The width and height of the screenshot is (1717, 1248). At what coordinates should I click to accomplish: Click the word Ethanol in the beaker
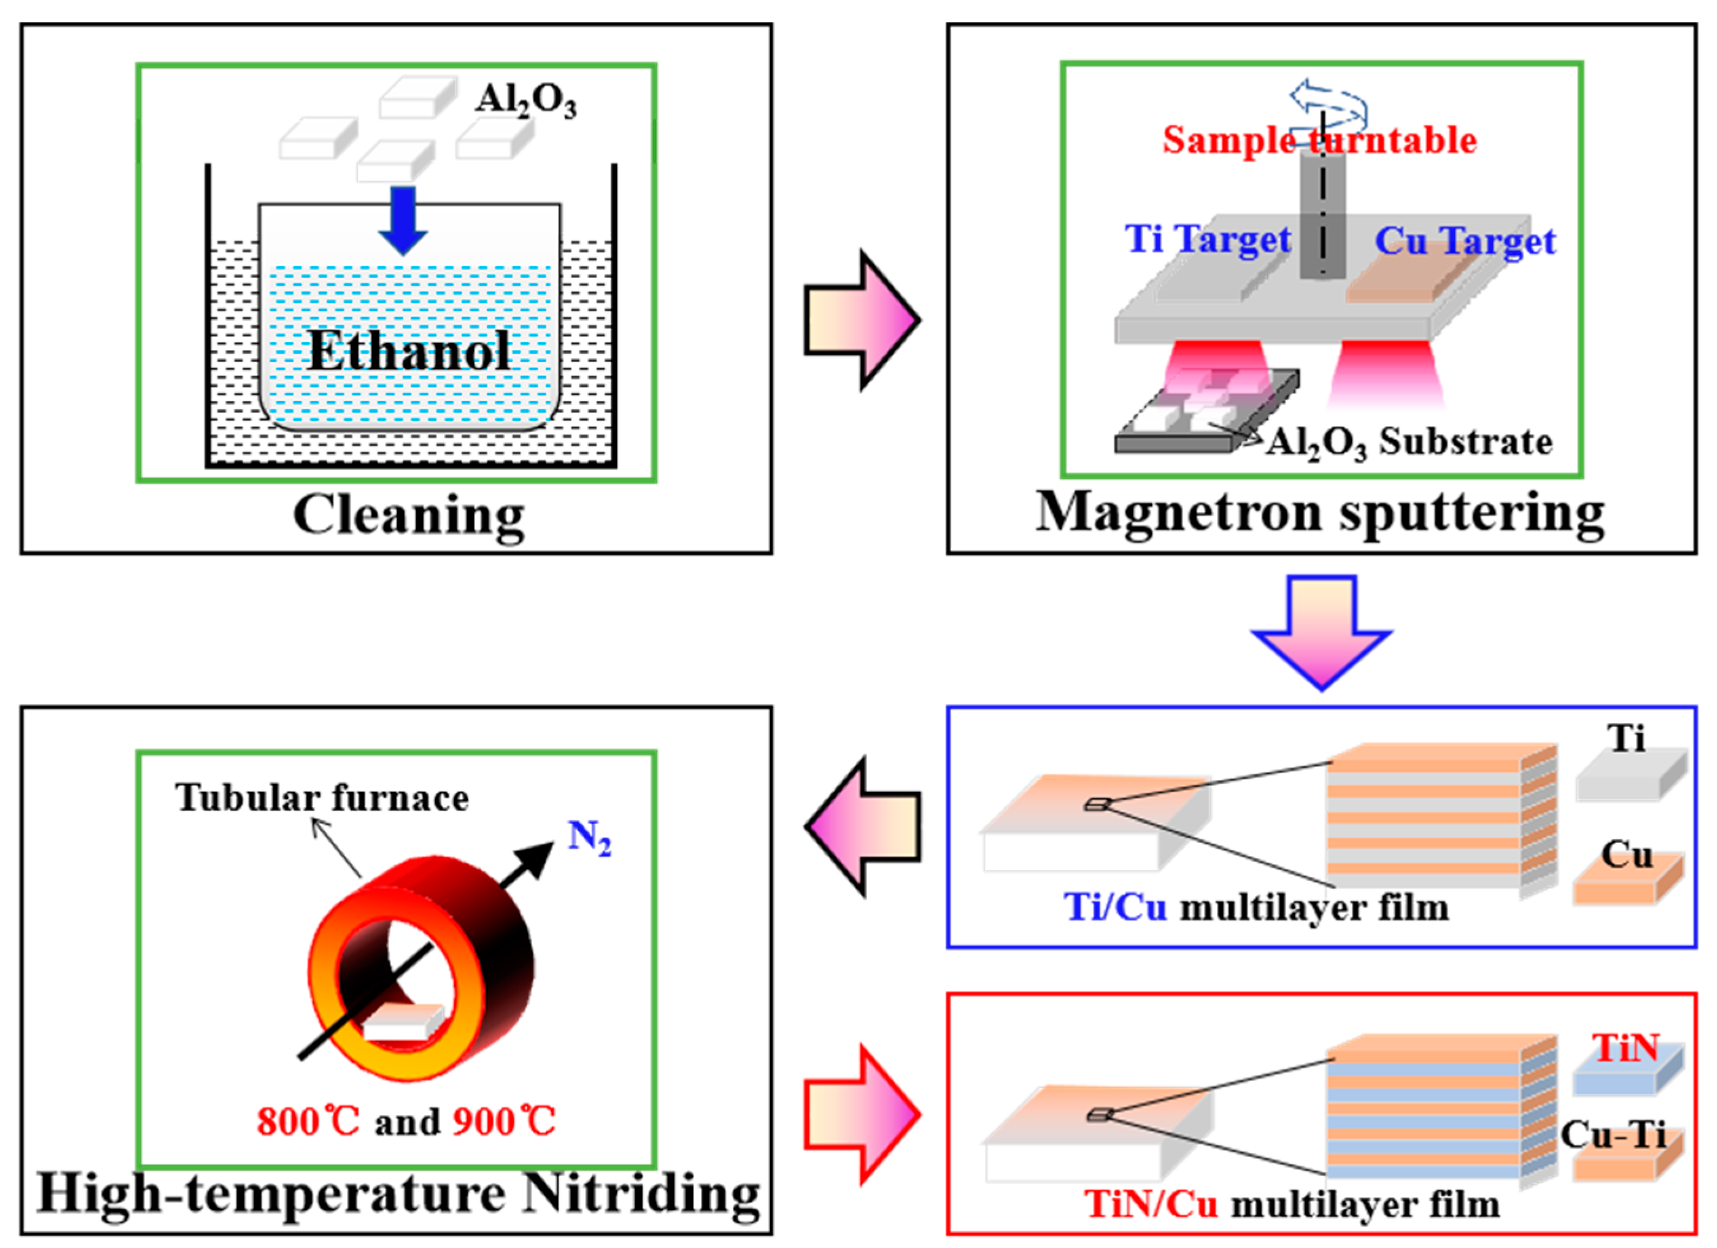click(409, 351)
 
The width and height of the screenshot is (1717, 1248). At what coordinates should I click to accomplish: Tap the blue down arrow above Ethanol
click(403, 219)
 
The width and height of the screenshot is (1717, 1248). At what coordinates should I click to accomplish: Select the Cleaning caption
click(409, 516)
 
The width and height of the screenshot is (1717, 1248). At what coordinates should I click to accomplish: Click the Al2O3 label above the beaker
click(525, 100)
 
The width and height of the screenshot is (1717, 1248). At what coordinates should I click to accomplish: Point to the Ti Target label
click(1208, 240)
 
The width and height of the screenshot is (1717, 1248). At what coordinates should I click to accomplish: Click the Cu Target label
click(1465, 242)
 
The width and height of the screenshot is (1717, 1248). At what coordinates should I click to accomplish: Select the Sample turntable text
click(1319, 140)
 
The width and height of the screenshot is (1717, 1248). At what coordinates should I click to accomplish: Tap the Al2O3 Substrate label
click(1408, 443)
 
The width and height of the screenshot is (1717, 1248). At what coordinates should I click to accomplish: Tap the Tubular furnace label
click(322, 798)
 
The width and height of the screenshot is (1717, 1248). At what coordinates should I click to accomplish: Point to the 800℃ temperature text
click(307, 1121)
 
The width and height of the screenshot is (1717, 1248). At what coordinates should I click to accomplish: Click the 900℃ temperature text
click(504, 1121)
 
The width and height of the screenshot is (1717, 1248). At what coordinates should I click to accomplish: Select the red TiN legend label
click(1625, 1048)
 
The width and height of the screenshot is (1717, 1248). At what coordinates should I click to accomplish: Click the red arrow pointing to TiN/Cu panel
click(861, 1114)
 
